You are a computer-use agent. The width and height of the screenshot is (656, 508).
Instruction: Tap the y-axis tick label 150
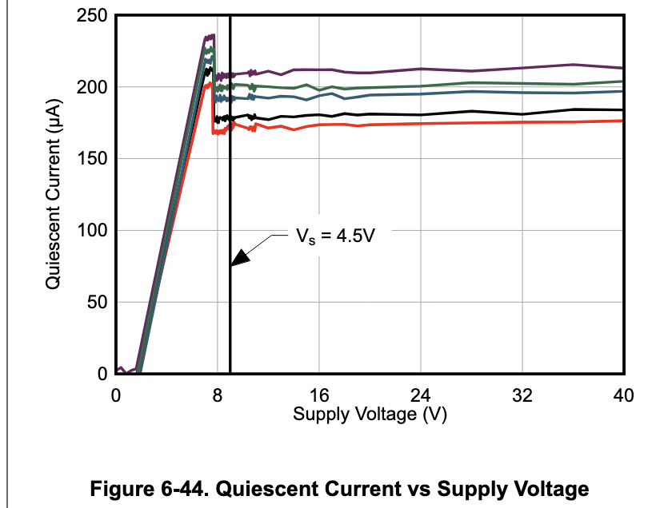click(91, 159)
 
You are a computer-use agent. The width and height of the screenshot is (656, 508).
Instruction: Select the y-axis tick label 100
click(91, 231)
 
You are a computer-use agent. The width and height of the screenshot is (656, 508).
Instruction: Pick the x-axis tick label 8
click(217, 395)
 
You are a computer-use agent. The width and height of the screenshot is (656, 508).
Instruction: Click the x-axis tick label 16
click(319, 395)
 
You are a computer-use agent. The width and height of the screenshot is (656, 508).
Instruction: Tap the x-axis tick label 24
click(421, 395)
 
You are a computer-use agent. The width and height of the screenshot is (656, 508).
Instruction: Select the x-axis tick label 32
click(522, 395)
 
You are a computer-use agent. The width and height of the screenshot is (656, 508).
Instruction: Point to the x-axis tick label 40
click(623, 395)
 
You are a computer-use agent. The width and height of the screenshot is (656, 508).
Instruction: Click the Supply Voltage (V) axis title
click(369, 414)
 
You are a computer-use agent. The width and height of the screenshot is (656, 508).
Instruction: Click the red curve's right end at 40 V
click(622, 121)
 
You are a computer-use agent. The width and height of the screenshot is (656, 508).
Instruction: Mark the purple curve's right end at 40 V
click(622, 68)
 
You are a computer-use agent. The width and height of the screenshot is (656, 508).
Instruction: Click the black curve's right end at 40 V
click(622, 109)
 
